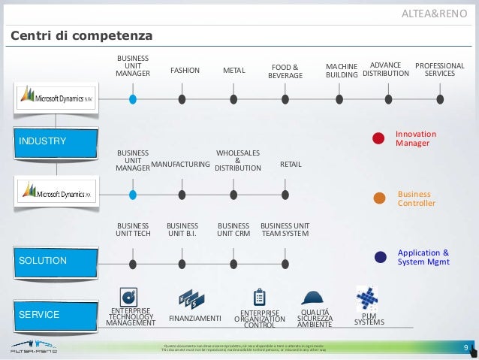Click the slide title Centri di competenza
tap(81, 36)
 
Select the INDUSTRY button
tap(57, 141)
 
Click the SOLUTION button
tap(57, 260)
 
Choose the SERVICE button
tap(57, 314)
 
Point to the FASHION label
tap(185, 71)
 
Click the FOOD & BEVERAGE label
tap(285, 71)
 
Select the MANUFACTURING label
tap(180, 163)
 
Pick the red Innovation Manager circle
tap(380, 138)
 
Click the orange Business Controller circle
tap(380, 198)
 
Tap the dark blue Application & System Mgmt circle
tap(380, 257)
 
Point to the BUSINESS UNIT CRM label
tap(233, 229)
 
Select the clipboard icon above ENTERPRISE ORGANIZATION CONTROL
tap(260, 297)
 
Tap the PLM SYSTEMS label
tap(369, 319)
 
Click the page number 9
tap(466, 347)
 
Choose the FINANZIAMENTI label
tap(194, 319)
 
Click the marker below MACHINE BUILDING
tap(342, 98)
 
